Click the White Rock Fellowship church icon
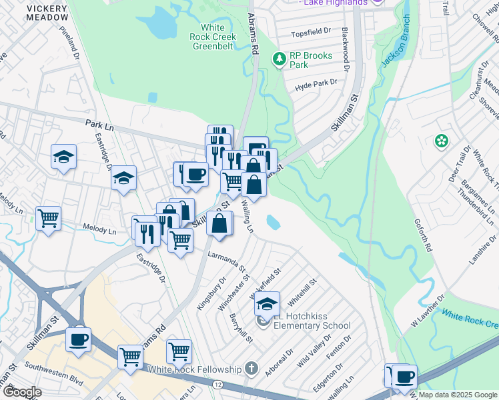coord(252,369)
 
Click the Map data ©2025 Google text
coord(457,395)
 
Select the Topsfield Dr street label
coord(312,31)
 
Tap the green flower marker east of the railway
coord(440,141)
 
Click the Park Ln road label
coord(99,123)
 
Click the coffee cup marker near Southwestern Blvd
coord(78,339)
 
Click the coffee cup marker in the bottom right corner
coord(404,376)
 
